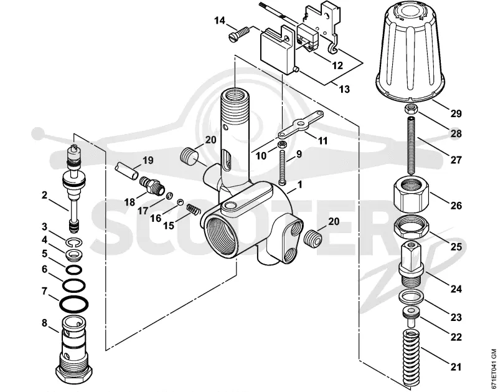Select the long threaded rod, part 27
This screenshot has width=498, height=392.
412,146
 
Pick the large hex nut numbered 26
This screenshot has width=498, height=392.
412,194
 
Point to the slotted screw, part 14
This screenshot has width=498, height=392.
239,34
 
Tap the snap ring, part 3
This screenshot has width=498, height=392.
75,243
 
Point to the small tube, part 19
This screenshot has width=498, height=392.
127,171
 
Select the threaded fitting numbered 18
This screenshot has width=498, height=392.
152,185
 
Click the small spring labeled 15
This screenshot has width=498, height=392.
193,209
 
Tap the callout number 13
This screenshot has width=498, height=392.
344,89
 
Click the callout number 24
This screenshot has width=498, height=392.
456,289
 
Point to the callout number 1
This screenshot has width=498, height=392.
299,184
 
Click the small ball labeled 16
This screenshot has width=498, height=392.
181,202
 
